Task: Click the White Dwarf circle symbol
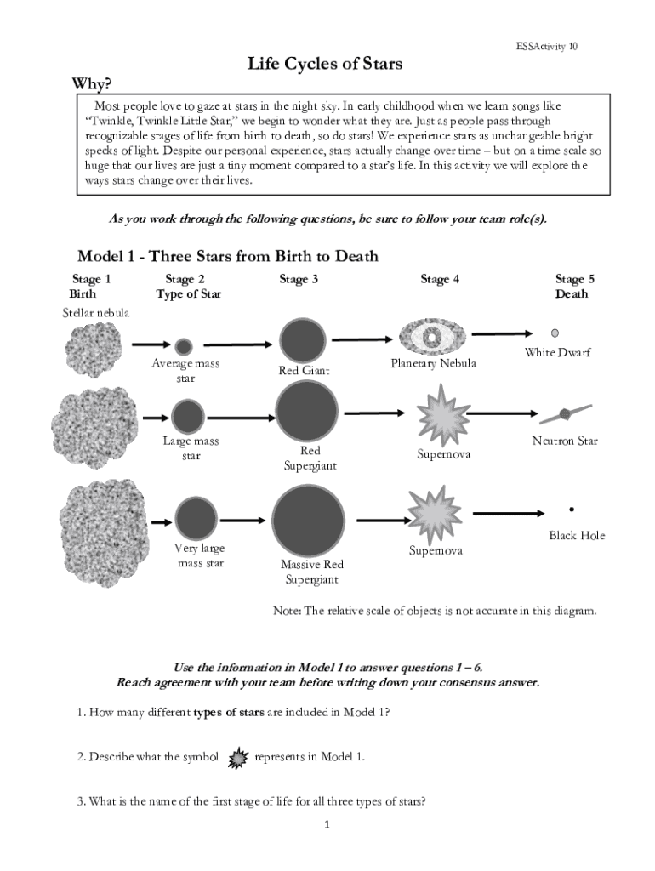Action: click(x=555, y=333)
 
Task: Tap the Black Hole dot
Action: click(x=571, y=510)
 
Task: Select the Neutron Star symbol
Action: click(x=566, y=414)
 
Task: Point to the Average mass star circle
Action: click(x=184, y=347)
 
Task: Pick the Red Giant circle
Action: click(x=303, y=340)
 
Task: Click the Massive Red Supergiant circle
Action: click(x=308, y=521)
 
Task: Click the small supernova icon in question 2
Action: click(x=238, y=758)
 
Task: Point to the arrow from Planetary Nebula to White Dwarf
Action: click(x=502, y=333)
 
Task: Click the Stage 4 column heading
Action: click(x=440, y=279)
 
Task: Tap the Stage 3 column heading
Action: click(x=299, y=279)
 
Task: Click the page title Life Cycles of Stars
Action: click(x=325, y=63)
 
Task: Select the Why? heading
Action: click(x=92, y=84)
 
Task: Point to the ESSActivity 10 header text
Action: click(x=547, y=47)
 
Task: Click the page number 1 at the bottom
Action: click(x=327, y=825)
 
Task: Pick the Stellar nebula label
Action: click(x=95, y=313)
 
